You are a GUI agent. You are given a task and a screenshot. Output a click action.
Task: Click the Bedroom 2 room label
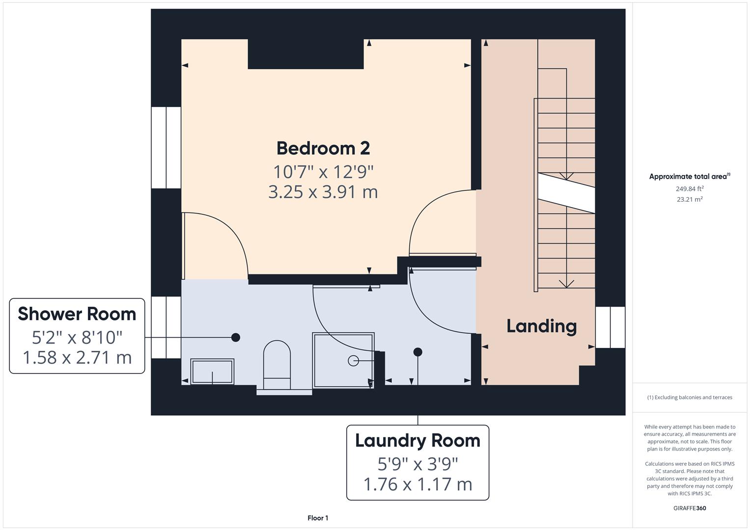click(323, 148)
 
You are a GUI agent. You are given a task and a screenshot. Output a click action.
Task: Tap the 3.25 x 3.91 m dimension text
click(323, 192)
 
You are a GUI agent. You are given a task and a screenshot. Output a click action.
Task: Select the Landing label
click(541, 326)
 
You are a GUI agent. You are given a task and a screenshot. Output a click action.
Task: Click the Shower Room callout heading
click(77, 314)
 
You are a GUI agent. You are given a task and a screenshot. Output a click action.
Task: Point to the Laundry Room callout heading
click(417, 441)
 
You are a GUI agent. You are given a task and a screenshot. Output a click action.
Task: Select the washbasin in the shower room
click(212, 371)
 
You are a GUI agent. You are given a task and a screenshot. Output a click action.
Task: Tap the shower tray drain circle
click(353, 361)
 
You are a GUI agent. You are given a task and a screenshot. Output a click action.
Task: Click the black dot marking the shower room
click(236, 337)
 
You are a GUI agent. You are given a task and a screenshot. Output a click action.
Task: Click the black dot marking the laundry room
click(417, 352)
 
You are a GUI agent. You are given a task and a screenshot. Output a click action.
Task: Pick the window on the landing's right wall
click(610, 327)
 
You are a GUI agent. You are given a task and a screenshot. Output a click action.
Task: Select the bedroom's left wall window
click(166, 148)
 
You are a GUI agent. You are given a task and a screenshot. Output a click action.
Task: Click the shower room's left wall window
click(166, 327)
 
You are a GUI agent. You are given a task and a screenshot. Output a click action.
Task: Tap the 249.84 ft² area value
click(690, 188)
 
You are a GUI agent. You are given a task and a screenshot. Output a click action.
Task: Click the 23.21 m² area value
click(690, 199)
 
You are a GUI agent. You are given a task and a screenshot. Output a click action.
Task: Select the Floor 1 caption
click(318, 518)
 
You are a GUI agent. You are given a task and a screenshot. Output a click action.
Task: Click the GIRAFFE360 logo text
click(690, 508)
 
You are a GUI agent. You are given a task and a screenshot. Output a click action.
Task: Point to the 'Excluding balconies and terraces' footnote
click(690, 397)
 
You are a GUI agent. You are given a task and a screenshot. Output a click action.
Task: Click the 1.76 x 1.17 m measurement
click(417, 484)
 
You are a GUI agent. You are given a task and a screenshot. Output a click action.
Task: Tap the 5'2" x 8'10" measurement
click(77, 337)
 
